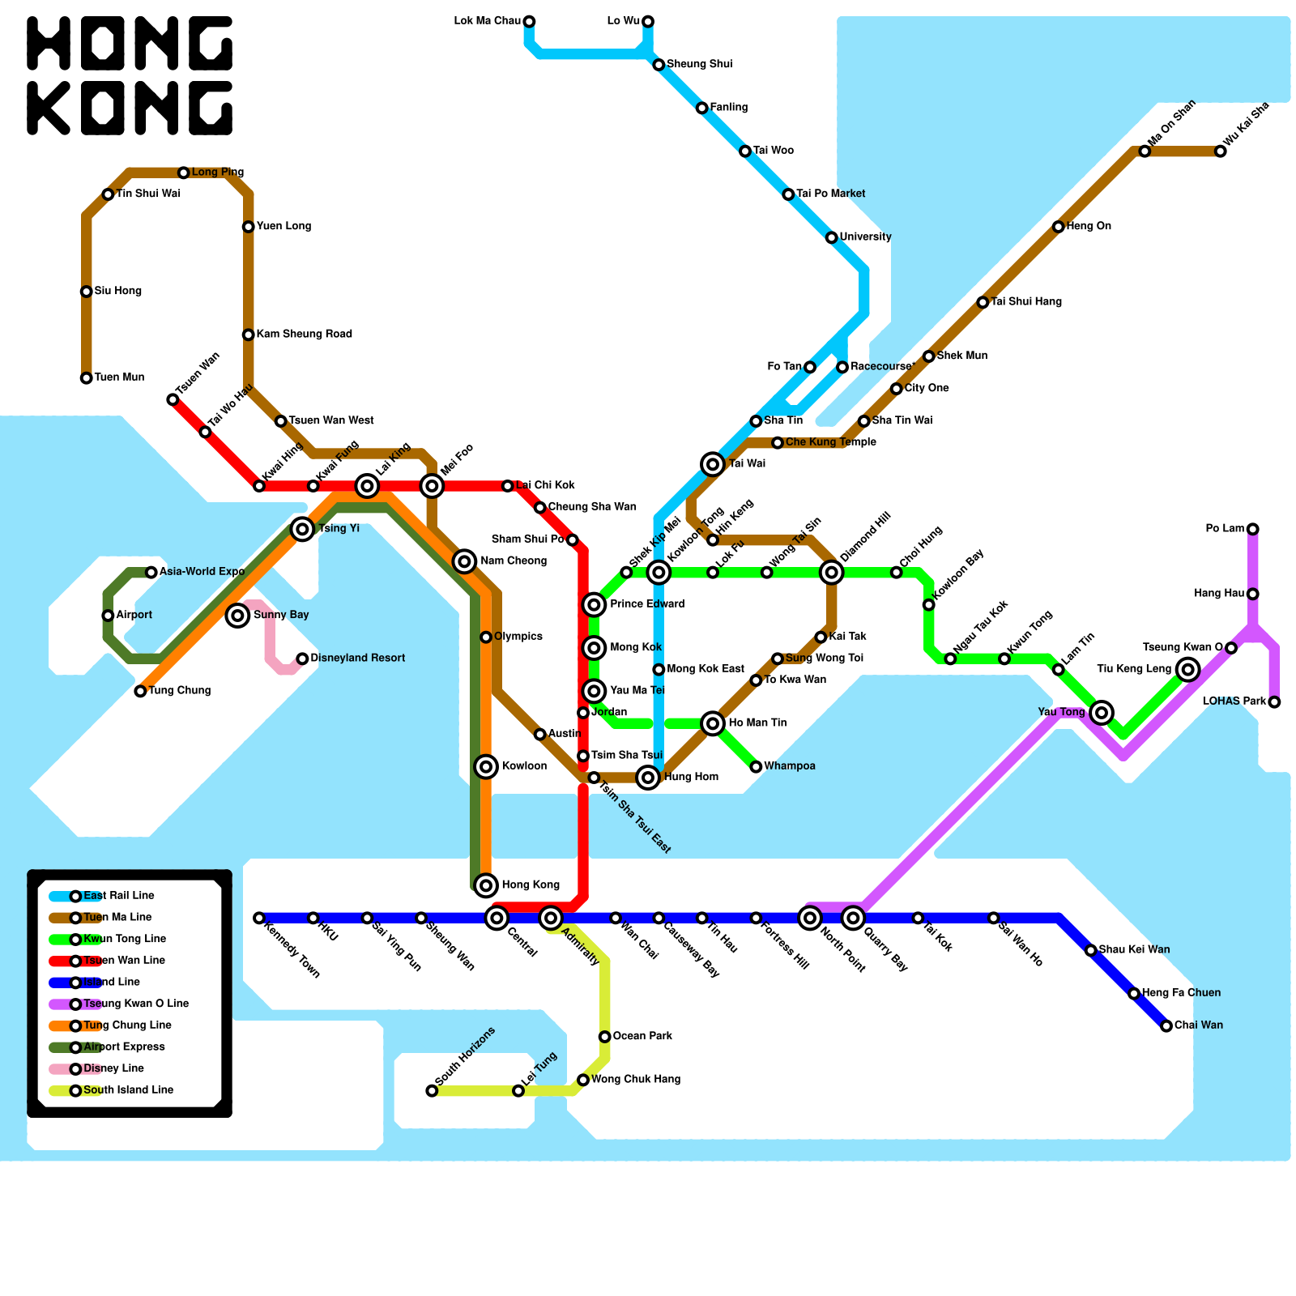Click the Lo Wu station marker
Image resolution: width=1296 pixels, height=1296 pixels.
coord(648,21)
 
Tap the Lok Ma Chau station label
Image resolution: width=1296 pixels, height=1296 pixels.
coord(487,21)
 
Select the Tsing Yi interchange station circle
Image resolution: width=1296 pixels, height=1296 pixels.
coord(303,529)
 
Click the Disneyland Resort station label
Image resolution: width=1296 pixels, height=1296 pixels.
coord(357,658)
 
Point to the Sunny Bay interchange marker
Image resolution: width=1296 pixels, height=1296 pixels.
coord(237,616)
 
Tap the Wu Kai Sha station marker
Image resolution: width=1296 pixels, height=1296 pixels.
coord(1221,151)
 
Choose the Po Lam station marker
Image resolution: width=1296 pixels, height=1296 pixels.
coord(1253,529)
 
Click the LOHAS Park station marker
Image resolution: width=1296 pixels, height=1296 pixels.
coord(1274,702)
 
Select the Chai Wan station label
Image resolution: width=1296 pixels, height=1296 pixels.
coord(1199,1025)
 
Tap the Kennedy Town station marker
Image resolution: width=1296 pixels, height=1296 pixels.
coord(259,918)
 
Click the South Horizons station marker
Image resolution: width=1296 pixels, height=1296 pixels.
coord(432,1091)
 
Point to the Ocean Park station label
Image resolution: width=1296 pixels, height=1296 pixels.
coord(642,1036)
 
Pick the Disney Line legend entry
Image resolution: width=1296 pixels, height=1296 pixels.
coord(113,1068)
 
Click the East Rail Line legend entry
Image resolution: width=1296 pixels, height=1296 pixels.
coord(118,896)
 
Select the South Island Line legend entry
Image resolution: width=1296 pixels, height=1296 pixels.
coord(128,1090)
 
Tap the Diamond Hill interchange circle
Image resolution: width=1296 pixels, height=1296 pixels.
coord(832,573)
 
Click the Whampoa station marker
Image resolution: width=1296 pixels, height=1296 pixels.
coord(756,767)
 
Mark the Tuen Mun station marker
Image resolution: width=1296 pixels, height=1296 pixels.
coord(87,378)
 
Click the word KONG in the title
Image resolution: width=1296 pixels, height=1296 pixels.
coord(130,108)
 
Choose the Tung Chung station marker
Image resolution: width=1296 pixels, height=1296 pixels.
coord(140,691)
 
